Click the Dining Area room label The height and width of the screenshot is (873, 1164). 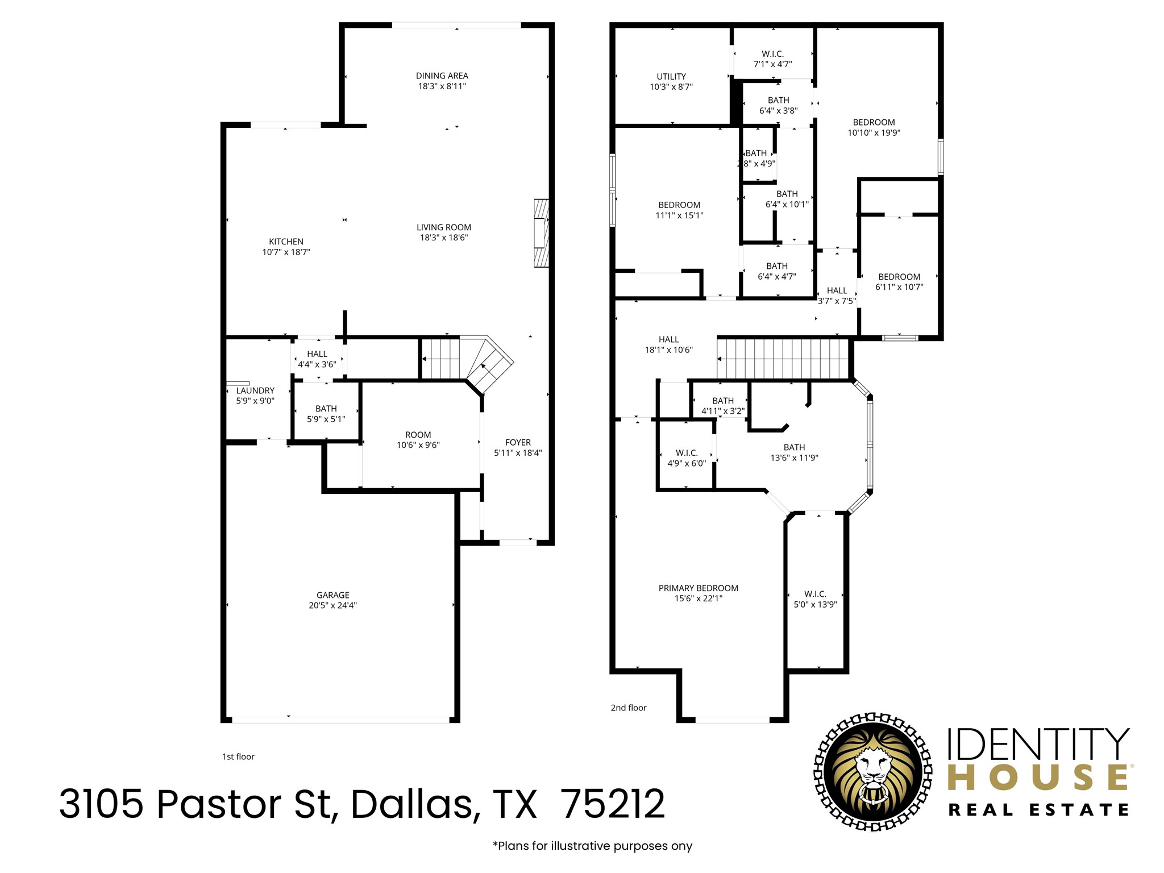(x=442, y=76)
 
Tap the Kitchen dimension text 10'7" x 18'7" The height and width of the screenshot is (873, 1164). (x=286, y=252)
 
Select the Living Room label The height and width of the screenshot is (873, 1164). (x=443, y=227)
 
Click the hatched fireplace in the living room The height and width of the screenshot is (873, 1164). (x=541, y=233)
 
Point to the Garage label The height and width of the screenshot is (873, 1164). (x=332, y=595)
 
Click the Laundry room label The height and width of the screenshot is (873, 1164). (x=255, y=390)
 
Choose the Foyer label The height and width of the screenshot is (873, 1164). (x=518, y=442)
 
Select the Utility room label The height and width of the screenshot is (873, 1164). (x=671, y=76)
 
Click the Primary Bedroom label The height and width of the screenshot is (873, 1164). (x=698, y=588)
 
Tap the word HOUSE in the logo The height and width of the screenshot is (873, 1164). (x=1038, y=778)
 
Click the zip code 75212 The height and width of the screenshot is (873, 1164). (x=613, y=804)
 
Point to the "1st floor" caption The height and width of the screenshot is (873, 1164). (x=238, y=756)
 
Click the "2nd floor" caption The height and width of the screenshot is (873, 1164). (x=629, y=708)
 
